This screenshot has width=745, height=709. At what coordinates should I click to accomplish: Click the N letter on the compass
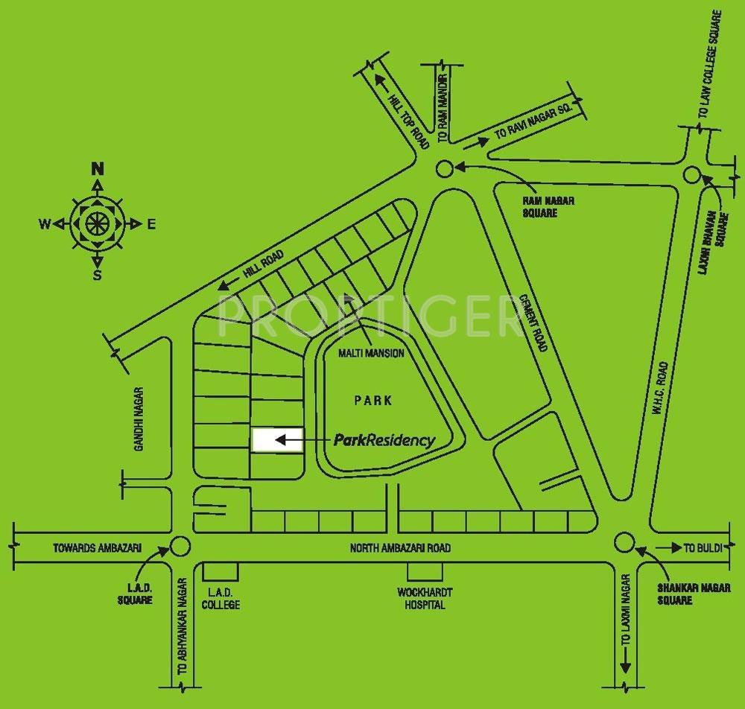point(97,168)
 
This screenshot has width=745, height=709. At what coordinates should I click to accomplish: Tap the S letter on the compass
point(97,276)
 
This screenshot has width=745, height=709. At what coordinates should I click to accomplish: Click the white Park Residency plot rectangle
point(277,440)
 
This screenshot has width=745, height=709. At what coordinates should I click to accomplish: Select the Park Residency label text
point(384,440)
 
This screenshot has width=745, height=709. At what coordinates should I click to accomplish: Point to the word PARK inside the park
point(372,401)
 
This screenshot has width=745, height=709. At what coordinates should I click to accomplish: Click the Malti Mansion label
point(371,354)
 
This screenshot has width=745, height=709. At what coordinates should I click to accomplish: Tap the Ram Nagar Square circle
point(444,168)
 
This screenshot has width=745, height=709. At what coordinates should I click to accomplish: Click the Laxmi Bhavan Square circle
point(692,174)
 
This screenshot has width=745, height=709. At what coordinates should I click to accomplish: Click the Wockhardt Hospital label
point(425,599)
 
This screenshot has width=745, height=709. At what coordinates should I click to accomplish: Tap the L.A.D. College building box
point(221,571)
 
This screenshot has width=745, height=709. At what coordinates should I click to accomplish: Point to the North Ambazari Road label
point(401,548)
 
